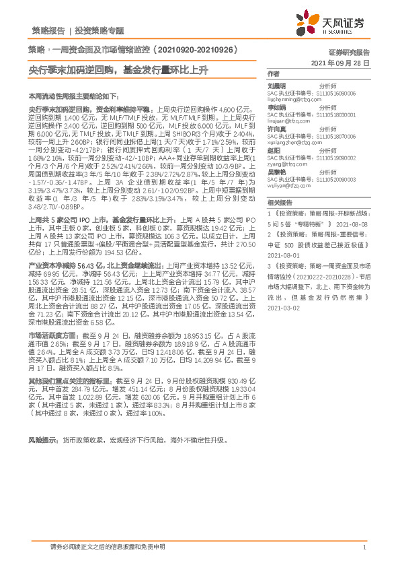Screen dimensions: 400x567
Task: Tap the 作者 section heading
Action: point(273,73)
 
